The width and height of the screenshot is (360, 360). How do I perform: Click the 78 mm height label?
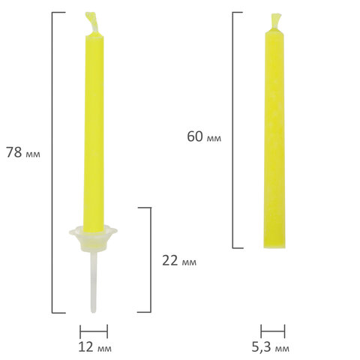pyautogui.click(x=23, y=152)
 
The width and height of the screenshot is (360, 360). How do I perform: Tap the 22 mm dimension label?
pyautogui.click(x=179, y=261)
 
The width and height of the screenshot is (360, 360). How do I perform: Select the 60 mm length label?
pyautogui.click(x=204, y=136)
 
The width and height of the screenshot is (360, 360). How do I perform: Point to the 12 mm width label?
pyautogui.click(x=95, y=347)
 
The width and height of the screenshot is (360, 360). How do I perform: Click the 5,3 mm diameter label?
pyautogui.click(x=270, y=347)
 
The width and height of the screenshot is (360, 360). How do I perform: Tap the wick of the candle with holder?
pyautogui.click(x=92, y=22)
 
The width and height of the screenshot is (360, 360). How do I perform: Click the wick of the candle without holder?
pyautogui.click(x=275, y=20)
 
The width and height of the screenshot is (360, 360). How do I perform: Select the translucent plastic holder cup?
pyautogui.click(x=93, y=238)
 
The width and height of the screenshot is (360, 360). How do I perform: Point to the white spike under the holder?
pyautogui.click(x=93, y=282)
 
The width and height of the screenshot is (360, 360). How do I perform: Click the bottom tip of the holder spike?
pyautogui.click(x=93, y=312)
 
